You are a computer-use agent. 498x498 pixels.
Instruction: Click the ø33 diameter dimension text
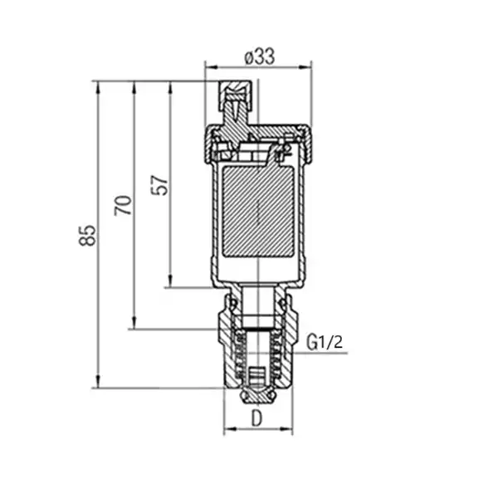coord(260,57)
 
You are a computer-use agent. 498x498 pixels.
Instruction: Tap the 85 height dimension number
coord(87,236)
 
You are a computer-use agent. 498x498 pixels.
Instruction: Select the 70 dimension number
coord(123,206)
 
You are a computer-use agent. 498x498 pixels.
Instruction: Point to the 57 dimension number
coord(159,185)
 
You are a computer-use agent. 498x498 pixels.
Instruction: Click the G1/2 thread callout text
coord(325,342)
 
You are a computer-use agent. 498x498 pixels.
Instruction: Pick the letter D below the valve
coord(257,419)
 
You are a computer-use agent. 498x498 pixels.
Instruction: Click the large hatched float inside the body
coord(258,211)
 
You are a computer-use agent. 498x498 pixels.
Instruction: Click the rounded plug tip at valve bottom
coord(257,396)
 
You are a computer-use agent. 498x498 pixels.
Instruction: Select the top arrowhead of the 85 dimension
coord(98,87)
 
